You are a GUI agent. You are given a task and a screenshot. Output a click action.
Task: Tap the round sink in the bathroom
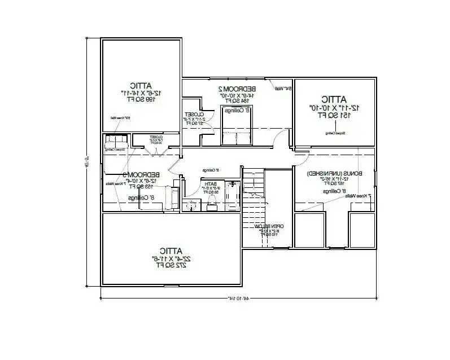[193, 204]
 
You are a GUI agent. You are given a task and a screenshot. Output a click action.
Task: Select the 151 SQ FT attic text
[335, 115]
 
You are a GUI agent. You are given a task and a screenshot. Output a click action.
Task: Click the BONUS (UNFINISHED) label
[335, 174]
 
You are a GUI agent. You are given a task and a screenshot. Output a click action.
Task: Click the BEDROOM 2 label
[237, 89]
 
